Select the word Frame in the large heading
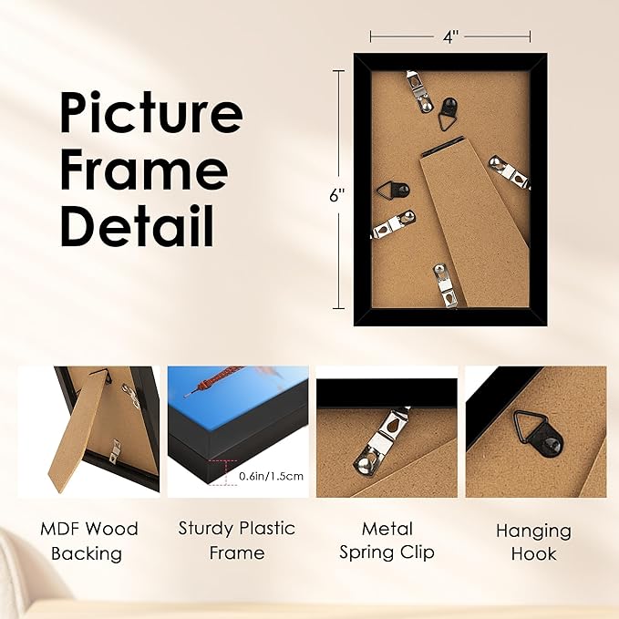[x=143, y=170]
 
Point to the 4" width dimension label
[x=450, y=36]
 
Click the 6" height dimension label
[x=337, y=194]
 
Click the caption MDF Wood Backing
[x=88, y=541]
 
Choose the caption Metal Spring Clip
[x=387, y=541]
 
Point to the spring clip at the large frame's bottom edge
[x=446, y=284]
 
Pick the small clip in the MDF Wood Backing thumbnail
[x=116, y=450]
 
